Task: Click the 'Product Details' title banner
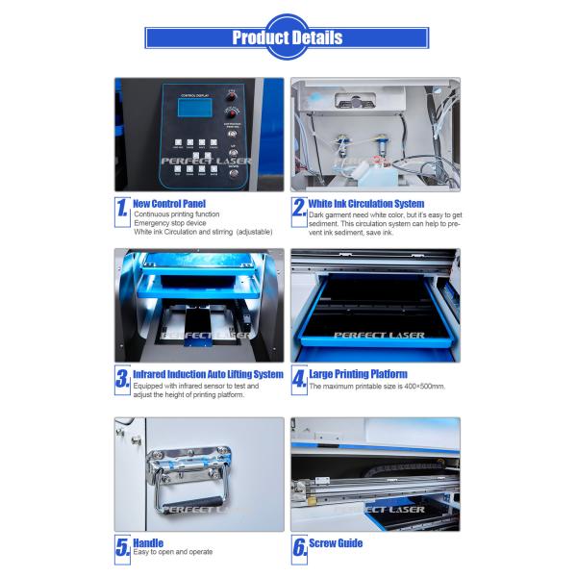[288, 38]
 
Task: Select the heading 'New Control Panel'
[169, 204]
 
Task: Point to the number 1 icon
[122, 209]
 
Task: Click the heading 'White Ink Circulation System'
[366, 204]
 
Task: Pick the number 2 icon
[299, 209]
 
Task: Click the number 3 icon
[122, 378]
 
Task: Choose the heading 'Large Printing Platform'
[358, 374]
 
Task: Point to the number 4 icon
[299, 378]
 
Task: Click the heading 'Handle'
[149, 543]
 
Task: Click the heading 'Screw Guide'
[336, 543]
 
